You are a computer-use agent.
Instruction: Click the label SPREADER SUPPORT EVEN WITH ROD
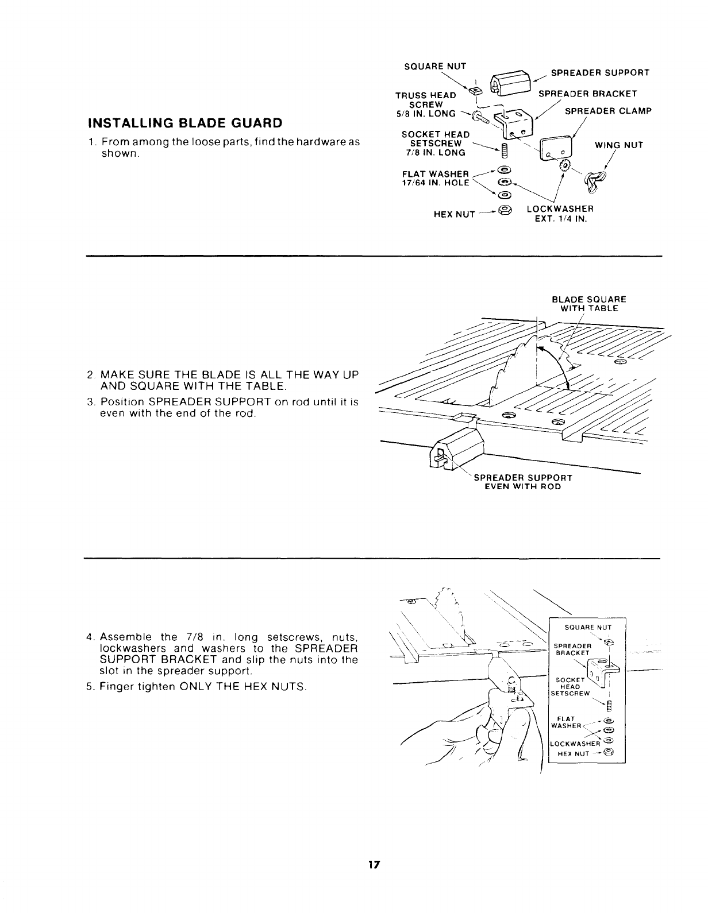(523, 482)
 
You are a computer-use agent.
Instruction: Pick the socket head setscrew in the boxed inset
(610, 706)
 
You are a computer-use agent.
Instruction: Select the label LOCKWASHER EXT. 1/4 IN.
(560, 213)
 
